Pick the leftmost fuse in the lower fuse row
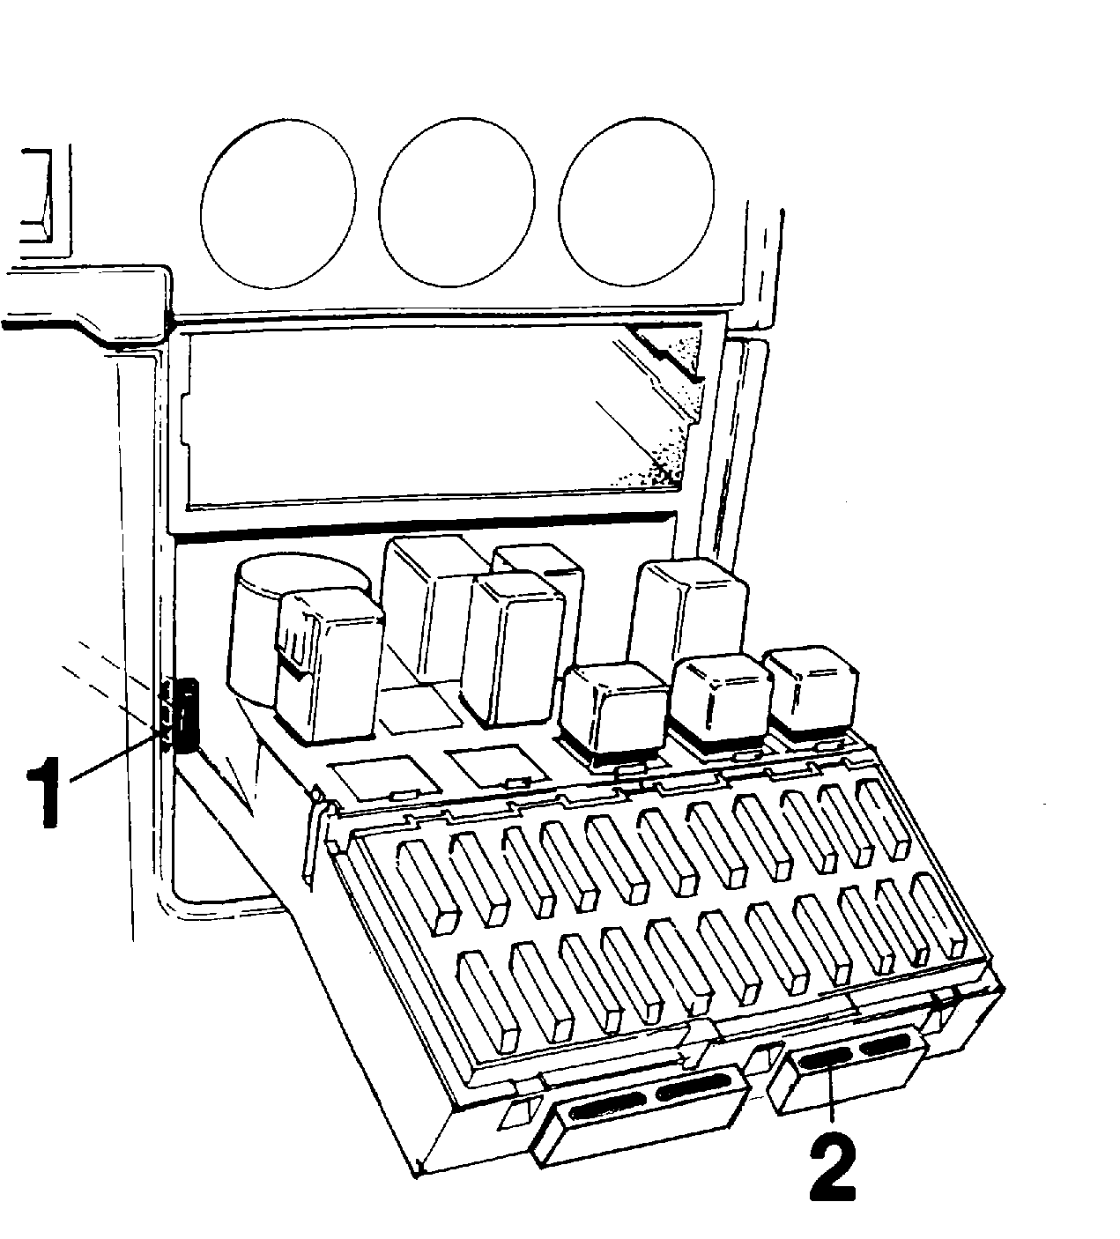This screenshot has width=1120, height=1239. [488, 1001]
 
